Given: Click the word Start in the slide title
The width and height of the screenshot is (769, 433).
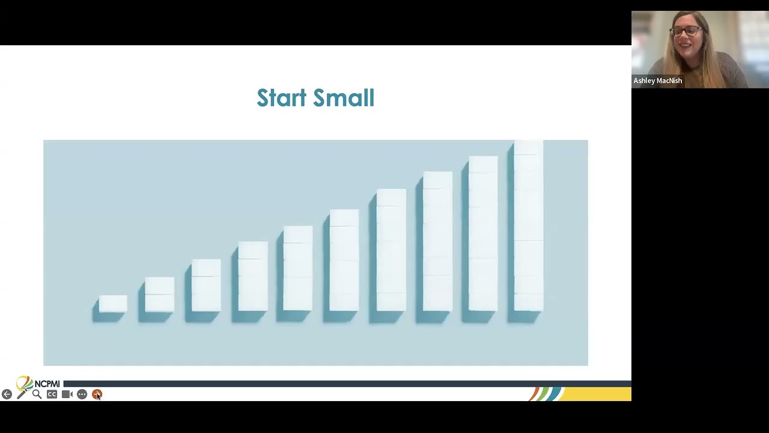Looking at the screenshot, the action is pyautogui.click(x=282, y=97).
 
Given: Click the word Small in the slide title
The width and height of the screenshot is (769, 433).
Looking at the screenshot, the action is pyautogui.click(x=344, y=97).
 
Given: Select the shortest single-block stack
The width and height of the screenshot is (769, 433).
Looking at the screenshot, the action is pyautogui.click(x=113, y=304).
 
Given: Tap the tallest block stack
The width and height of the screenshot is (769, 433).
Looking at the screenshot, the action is pyautogui.click(x=529, y=226).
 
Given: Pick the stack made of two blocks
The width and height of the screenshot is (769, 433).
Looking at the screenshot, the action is pyautogui.click(x=160, y=295).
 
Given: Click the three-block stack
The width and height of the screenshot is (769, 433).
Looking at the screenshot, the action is pyautogui.click(x=206, y=285).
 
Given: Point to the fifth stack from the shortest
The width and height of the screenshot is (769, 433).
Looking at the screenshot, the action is pyautogui.click(x=298, y=268).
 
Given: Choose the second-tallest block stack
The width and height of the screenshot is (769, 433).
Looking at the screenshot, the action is pyautogui.click(x=483, y=234).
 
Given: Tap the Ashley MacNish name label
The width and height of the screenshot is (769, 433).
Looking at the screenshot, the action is pyautogui.click(x=658, y=81).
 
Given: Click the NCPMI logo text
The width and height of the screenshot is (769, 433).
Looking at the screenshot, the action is pyautogui.click(x=47, y=384).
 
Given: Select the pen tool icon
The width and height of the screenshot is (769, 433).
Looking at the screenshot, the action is pyautogui.click(x=22, y=394).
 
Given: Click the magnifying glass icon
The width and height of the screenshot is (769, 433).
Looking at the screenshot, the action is pyautogui.click(x=37, y=394).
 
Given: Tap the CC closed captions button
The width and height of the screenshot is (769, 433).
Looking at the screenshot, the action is pyautogui.click(x=52, y=394).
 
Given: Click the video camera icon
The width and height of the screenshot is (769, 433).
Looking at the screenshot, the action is pyautogui.click(x=67, y=394).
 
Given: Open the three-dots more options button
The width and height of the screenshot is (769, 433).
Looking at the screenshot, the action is pyautogui.click(x=82, y=394).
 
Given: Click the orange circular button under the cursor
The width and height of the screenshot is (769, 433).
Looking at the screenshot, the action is pyautogui.click(x=97, y=394).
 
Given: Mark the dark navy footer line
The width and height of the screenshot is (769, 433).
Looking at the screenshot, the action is pyautogui.click(x=347, y=384).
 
